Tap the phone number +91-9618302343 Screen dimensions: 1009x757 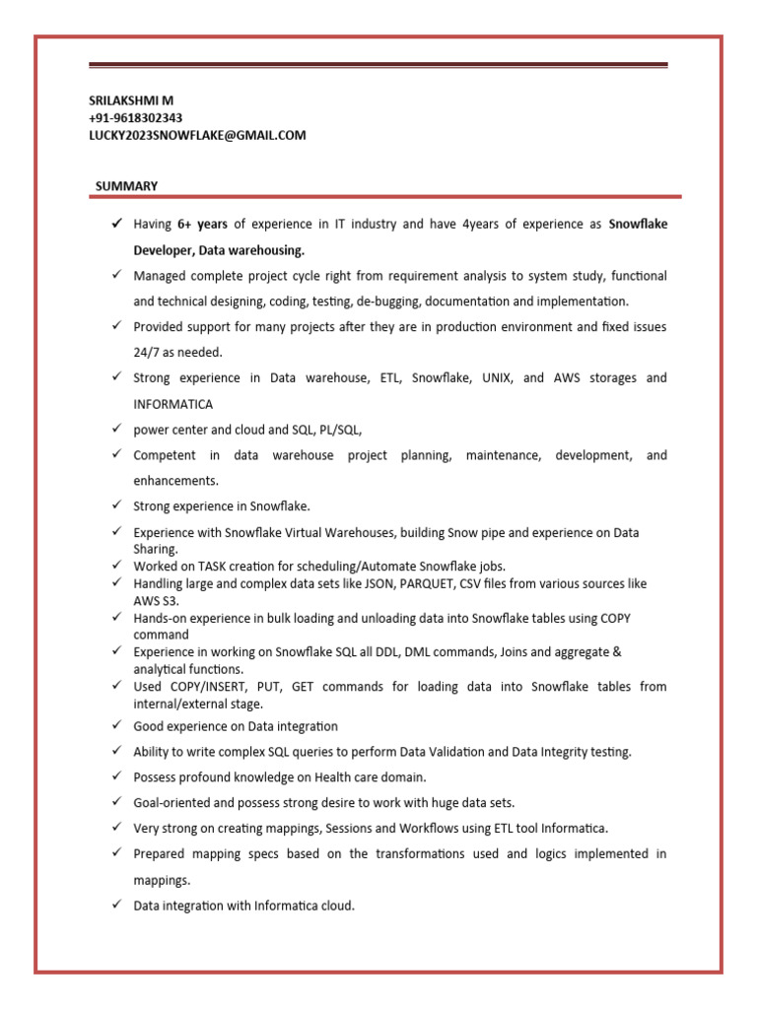point(135,118)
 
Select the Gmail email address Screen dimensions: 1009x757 point(197,135)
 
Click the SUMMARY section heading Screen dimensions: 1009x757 point(126,186)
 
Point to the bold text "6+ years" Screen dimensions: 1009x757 point(202,225)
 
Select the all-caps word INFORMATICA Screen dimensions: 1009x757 point(172,404)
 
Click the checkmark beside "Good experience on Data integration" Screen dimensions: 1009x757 point(115,726)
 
